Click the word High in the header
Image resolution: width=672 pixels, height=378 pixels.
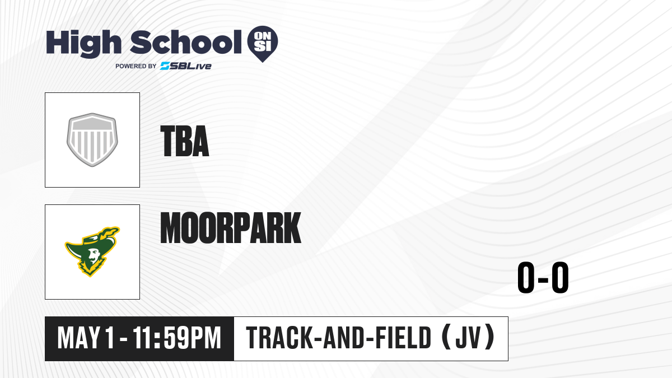[x=83, y=44]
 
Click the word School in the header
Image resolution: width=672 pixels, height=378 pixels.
[x=186, y=42]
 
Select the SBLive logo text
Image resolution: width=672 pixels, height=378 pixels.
[x=186, y=66]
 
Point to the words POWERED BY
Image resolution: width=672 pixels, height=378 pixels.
[x=136, y=66]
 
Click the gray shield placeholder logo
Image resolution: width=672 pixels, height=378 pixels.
[x=92, y=140]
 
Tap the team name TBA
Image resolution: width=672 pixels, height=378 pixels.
[x=184, y=141]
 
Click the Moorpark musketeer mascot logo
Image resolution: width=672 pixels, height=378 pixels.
[x=92, y=251]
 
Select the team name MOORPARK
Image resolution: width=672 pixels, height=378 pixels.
[x=230, y=227]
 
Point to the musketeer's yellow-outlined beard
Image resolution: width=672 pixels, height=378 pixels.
[x=91, y=267]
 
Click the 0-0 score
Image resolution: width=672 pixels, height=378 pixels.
[x=543, y=277]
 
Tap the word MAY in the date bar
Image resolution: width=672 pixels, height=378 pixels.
[x=78, y=338]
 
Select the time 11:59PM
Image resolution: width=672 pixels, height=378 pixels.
[x=177, y=338]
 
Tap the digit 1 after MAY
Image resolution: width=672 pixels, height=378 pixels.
[x=110, y=338]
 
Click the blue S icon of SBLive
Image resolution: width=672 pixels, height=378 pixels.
[x=165, y=66]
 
